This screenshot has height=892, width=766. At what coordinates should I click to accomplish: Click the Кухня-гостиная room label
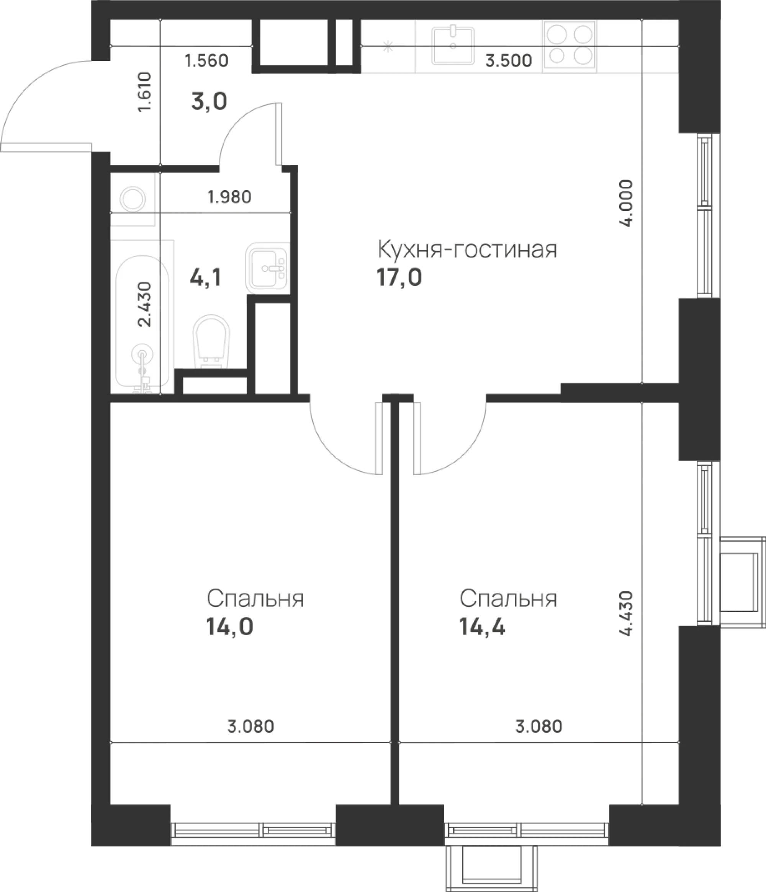click(x=467, y=249)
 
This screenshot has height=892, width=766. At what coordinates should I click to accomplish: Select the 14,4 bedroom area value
click(x=482, y=627)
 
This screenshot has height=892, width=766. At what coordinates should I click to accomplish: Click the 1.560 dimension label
click(x=206, y=61)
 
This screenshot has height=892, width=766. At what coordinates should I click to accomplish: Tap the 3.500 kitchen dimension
click(x=509, y=61)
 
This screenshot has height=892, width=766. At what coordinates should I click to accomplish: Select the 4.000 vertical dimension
click(x=627, y=204)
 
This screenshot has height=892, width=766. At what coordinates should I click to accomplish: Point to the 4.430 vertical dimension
click(x=627, y=613)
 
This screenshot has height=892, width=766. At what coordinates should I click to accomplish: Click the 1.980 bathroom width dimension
click(x=229, y=197)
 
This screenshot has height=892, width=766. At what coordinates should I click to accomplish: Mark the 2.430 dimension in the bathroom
click(x=146, y=304)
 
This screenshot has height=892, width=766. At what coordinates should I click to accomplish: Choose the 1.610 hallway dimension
click(x=145, y=92)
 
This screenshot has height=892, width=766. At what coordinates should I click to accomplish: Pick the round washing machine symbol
click(x=133, y=199)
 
